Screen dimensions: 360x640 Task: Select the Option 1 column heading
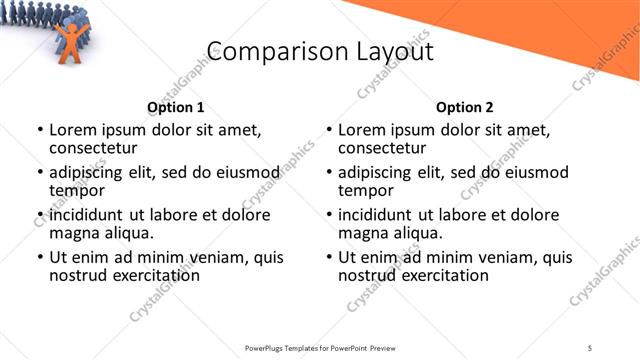(x=175, y=107)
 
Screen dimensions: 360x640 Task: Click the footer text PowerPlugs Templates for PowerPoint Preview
(x=320, y=347)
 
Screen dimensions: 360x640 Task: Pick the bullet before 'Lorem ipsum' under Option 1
(x=41, y=131)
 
